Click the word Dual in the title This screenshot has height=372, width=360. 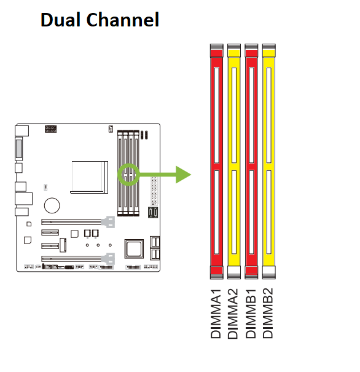point(60,20)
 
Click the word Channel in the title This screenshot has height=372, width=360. point(123,20)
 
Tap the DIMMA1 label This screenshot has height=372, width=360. point(216,314)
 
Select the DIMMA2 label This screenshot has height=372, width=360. point(233,314)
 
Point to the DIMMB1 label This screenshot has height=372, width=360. point(251,314)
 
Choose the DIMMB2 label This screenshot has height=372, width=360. point(268,313)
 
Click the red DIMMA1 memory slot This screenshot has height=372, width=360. point(217,161)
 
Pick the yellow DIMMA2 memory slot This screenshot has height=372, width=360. point(234,161)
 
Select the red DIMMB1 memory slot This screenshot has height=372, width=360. point(251,161)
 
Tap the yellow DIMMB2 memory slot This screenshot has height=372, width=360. point(268,161)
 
